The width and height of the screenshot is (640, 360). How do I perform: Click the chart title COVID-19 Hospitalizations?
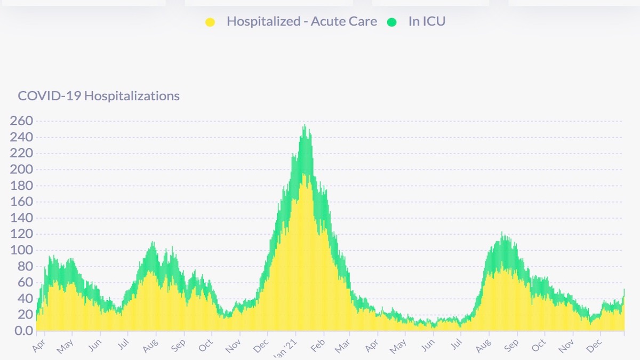(x=99, y=96)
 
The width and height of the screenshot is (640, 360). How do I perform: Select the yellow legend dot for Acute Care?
(x=210, y=22)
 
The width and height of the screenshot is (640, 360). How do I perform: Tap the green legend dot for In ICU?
(x=393, y=22)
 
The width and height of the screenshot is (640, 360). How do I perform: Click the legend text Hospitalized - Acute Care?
(x=301, y=21)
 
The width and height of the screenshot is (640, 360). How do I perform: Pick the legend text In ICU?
(x=427, y=21)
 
